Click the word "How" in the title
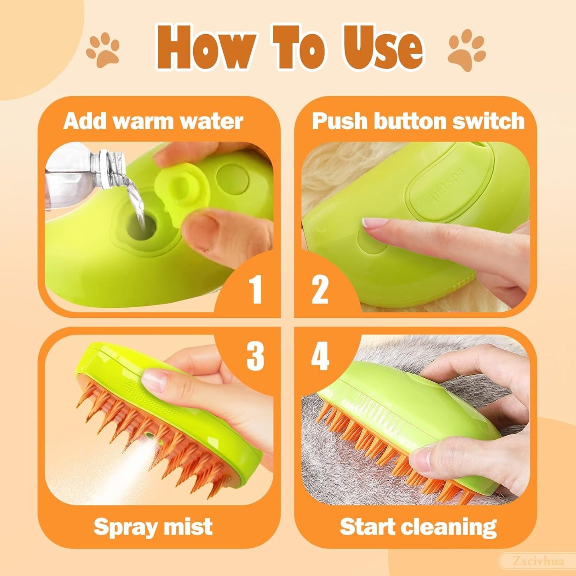click(206, 48)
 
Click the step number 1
click(255, 289)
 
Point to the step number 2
click(320, 289)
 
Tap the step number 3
click(255, 356)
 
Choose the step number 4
click(320, 356)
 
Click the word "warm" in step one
click(142, 121)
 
